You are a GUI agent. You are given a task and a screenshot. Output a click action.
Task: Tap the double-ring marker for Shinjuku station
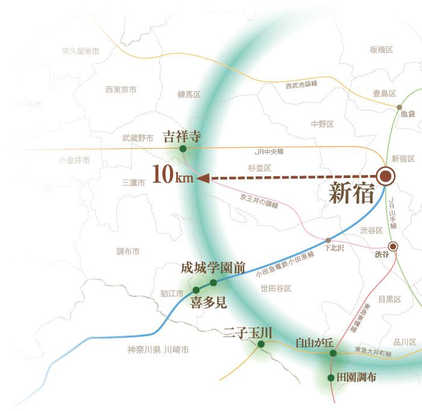[385, 176]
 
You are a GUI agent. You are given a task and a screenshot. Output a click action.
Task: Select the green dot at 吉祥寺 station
[182, 148]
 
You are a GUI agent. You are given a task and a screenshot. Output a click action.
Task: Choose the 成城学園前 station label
[213, 268]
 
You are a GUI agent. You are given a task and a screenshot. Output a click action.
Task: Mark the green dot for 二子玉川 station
[261, 344]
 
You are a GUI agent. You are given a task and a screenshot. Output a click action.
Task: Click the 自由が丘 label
[314, 342]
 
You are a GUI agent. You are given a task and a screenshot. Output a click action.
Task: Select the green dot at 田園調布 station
[330, 378]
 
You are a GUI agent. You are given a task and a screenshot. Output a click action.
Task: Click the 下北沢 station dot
[328, 240]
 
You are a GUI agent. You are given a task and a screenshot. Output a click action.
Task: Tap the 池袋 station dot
[398, 106]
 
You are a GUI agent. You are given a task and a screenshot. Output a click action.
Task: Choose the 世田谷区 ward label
[276, 289]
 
